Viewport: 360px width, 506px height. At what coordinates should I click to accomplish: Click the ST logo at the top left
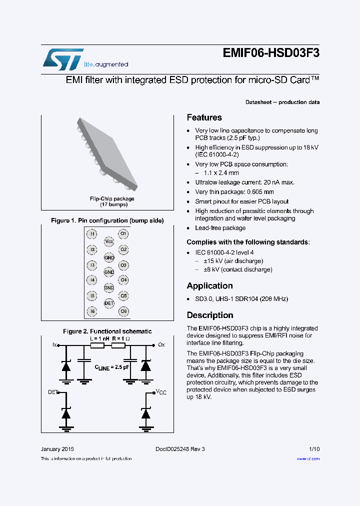(x=62, y=59)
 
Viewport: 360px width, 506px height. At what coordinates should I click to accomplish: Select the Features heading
(x=204, y=117)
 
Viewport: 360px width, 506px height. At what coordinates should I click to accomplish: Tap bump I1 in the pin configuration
(x=92, y=234)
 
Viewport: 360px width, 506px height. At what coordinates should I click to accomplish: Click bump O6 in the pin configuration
(x=123, y=311)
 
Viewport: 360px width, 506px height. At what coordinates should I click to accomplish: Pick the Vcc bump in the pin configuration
(x=108, y=241)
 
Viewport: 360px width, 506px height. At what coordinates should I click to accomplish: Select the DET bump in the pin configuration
(x=108, y=303)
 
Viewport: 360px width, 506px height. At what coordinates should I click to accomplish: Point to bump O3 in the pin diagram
(x=123, y=265)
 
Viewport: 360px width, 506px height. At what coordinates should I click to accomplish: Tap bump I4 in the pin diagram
(x=92, y=280)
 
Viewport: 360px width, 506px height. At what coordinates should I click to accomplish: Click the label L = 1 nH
(x=99, y=338)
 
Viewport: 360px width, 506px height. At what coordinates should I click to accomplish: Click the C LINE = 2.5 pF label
(x=112, y=367)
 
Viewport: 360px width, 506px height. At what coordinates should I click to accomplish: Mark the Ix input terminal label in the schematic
(x=55, y=345)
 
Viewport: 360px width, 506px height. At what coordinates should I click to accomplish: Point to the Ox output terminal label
(x=161, y=345)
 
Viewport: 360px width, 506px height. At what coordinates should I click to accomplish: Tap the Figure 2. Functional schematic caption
(x=107, y=331)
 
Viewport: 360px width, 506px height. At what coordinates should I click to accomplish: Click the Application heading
(x=209, y=286)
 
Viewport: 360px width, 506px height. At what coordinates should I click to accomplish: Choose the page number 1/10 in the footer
(x=314, y=449)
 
